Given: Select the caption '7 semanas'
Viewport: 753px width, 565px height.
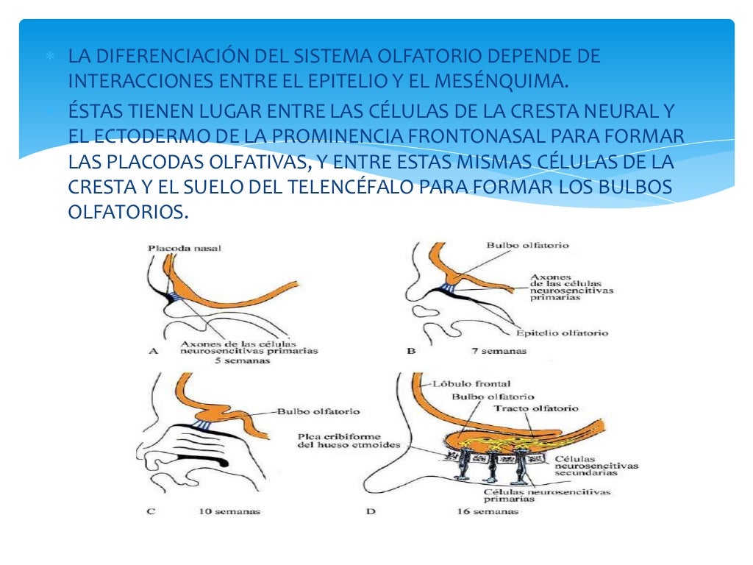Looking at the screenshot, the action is [x=499, y=351].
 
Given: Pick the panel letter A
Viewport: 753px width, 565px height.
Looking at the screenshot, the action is [x=154, y=351].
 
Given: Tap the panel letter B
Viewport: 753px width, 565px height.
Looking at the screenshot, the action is [x=410, y=351].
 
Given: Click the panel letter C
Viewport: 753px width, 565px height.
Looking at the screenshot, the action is [x=150, y=511].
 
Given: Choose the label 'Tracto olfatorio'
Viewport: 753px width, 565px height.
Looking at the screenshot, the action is [x=535, y=408].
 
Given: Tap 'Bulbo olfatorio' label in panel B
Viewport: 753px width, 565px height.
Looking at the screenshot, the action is [x=527, y=245].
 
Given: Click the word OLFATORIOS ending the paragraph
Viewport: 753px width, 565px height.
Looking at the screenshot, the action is [x=128, y=213].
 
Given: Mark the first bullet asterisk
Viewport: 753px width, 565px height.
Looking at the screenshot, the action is [x=50, y=57].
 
